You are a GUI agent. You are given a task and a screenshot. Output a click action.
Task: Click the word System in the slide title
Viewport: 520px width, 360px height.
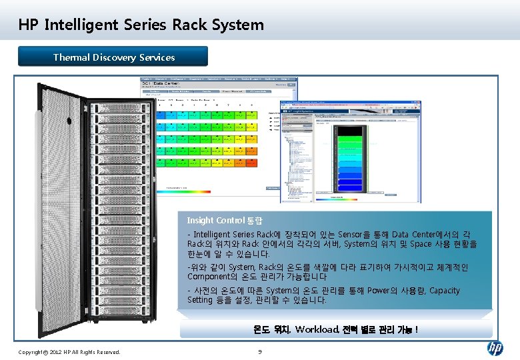click(x=238, y=25)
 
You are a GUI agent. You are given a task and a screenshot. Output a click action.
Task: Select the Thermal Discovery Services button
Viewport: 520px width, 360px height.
click(x=113, y=57)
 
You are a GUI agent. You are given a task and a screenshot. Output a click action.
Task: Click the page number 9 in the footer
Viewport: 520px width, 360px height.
click(x=260, y=351)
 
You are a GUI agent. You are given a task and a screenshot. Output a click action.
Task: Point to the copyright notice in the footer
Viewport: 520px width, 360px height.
click(x=69, y=351)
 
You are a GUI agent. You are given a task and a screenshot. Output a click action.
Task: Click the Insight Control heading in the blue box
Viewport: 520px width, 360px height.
click(x=225, y=220)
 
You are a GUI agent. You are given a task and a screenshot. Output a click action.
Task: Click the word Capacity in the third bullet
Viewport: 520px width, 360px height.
click(x=445, y=291)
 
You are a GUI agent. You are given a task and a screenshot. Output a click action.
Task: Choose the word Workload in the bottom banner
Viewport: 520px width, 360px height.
click(x=317, y=329)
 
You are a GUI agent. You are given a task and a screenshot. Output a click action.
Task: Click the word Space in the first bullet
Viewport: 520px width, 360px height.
click(x=421, y=244)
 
